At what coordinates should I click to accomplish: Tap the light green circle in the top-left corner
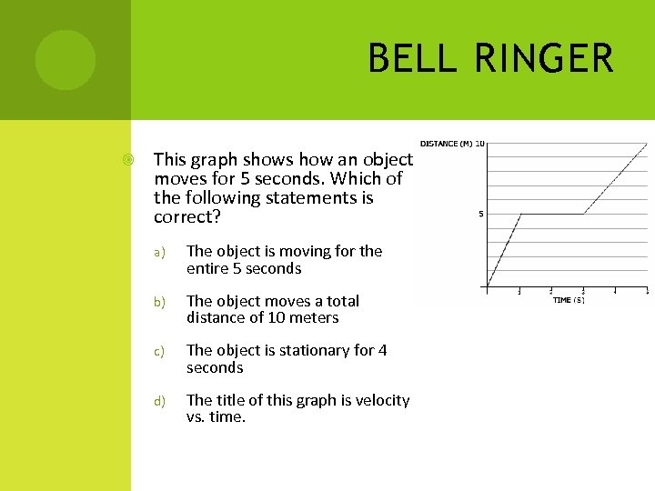pos(65,60)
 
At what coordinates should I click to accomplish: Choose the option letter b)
pos(157,302)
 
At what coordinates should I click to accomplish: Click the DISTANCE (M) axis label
pos(446,144)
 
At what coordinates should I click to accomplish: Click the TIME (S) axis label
pos(569,299)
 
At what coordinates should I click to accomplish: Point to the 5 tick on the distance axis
pos(480,215)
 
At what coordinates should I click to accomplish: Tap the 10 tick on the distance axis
pos(479,144)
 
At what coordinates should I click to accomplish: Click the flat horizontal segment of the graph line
pos(551,214)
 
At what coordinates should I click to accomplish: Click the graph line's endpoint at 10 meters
pos(646,144)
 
